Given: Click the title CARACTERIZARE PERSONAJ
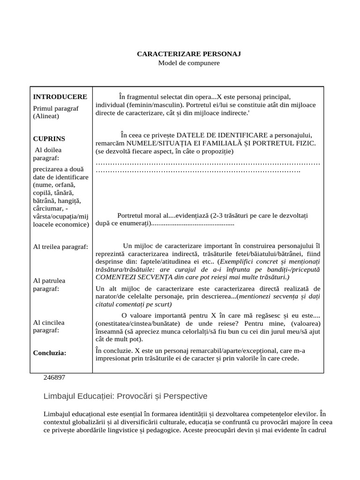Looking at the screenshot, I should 188,54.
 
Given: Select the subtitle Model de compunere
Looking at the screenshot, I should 188,62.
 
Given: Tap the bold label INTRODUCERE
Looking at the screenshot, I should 60,97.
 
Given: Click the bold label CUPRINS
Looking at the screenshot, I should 49,139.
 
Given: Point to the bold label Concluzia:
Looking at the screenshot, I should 49,352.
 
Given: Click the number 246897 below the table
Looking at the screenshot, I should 54,377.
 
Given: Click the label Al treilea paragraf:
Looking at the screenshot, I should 60,247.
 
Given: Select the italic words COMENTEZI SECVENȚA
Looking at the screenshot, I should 131,277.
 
